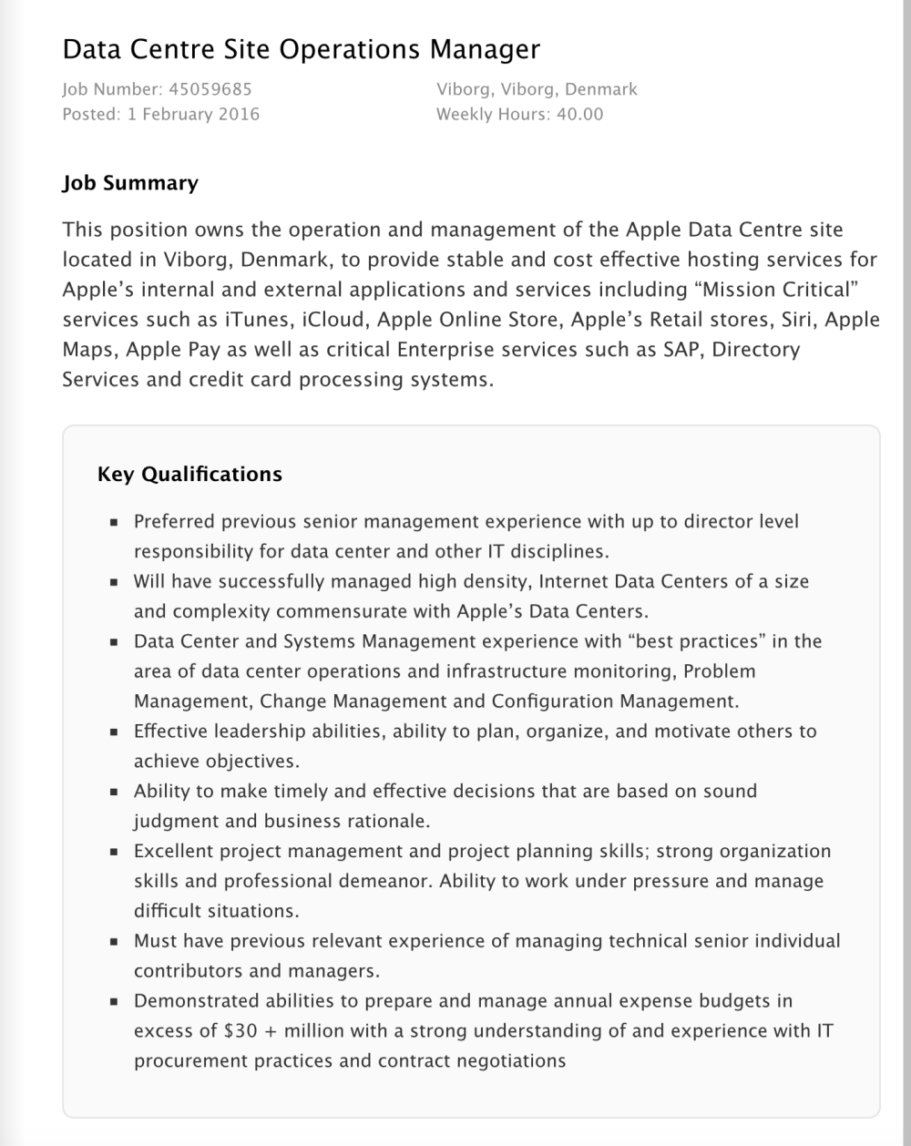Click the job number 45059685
pyautogui.click(x=210, y=89)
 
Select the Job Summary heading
pyautogui.click(x=130, y=183)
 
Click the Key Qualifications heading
pyautogui.click(x=189, y=475)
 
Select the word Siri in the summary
pyautogui.click(x=799, y=320)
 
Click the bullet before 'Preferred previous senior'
pyautogui.click(x=114, y=523)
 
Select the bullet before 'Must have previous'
pyautogui.click(x=114, y=942)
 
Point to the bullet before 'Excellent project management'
pyautogui.click(x=114, y=852)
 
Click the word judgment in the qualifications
pyautogui.click(x=176, y=821)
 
